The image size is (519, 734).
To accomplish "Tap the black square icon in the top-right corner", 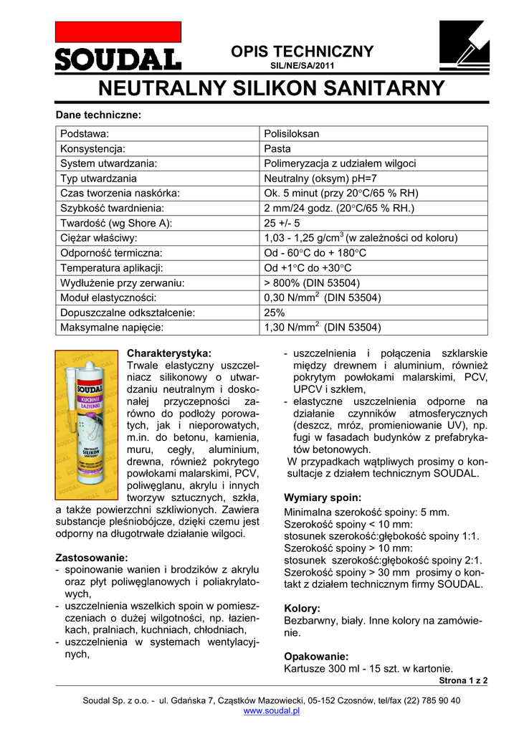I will click(x=463, y=44).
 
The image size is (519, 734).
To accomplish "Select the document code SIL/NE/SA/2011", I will click(x=302, y=66).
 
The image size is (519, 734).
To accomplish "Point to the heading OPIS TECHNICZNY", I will click(x=302, y=52).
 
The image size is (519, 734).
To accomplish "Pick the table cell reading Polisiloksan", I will click(x=292, y=134).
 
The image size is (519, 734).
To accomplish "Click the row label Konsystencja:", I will click(x=93, y=149).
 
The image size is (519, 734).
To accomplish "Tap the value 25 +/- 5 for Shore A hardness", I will click(x=282, y=223).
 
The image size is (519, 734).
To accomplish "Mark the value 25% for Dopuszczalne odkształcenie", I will click(x=275, y=313).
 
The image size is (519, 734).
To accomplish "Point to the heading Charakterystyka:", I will click(x=169, y=353).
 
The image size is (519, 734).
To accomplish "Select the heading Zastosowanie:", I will click(x=92, y=558).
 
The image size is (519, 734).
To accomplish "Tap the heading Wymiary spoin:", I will click(x=323, y=497).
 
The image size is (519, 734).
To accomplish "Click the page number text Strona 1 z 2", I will click(x=462, y=680).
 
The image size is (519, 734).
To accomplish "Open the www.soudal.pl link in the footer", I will click(x=272, y=711).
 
